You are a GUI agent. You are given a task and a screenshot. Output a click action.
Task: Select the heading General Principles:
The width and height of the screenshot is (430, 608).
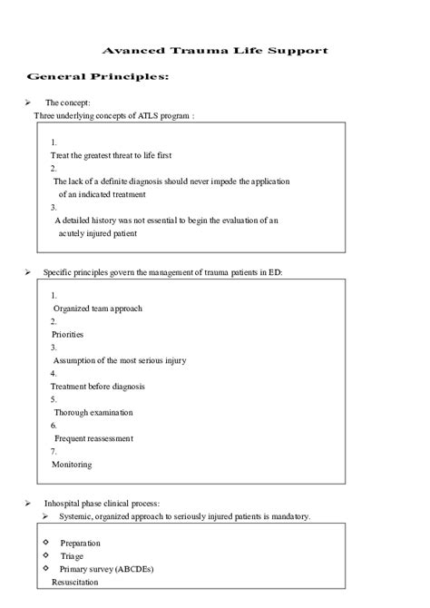tap(98, 77)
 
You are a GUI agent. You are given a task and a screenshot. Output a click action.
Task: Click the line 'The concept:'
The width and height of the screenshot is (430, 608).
tap(69, 103)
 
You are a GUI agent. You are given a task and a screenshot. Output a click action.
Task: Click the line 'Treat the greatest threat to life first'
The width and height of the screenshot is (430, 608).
tap(111, 155)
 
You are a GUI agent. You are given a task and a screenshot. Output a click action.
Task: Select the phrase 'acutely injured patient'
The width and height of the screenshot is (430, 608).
tap(98, 232)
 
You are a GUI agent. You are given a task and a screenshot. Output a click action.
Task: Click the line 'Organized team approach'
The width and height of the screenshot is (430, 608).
tap(97, 308)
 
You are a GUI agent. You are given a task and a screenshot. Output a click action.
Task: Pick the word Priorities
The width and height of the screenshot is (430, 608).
tap(67, 334)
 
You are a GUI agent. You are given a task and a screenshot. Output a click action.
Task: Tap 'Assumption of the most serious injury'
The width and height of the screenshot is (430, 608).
tap(120, 360)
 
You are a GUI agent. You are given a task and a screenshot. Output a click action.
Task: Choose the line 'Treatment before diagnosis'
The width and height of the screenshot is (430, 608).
tap(97, 386)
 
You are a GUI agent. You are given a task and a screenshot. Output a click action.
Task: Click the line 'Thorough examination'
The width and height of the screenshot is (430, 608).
tap(93, 412)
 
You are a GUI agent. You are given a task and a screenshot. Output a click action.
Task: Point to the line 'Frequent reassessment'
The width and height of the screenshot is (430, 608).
tap(93, 438)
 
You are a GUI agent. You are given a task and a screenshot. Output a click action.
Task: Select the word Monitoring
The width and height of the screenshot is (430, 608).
tap(71, 465)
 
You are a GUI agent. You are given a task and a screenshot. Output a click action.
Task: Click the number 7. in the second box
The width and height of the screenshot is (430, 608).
tap(54, 451)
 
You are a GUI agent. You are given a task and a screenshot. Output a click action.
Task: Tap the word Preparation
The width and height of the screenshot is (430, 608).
tap(80, 543)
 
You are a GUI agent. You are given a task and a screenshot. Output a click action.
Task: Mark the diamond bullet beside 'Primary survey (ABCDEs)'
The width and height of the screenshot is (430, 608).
tap(45, 567)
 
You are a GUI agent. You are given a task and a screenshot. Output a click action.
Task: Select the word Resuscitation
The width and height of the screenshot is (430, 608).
tap(75, 581)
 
